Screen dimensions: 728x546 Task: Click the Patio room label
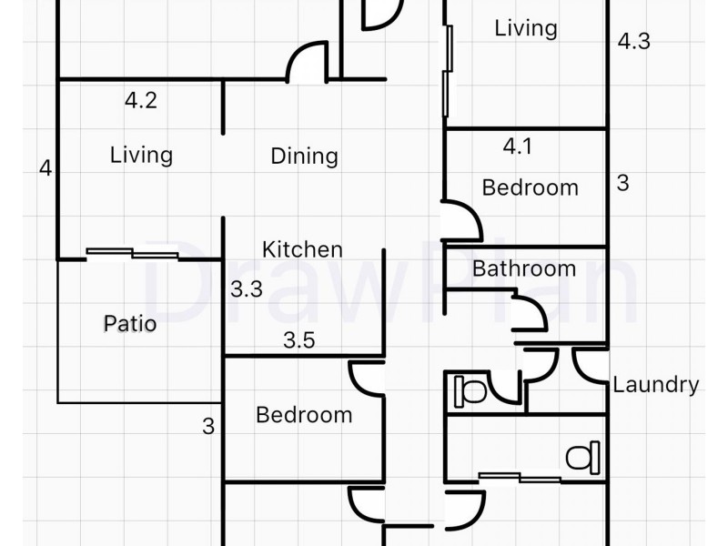click(x=130, y=324)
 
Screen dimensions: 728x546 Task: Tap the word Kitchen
click(x=303, y=249)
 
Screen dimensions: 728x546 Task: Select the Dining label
click(x=304, y=156)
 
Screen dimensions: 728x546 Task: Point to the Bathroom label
click(x=524, y=268)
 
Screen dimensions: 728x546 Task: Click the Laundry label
click(x=655, y=385)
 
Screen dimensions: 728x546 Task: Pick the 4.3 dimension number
click(x=633, y=41)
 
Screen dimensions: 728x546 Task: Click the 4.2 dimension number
click(x=141, y=100)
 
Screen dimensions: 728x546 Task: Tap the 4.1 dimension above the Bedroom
click(x=517, y=147)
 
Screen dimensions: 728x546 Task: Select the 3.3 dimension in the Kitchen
click(x=247, y=289)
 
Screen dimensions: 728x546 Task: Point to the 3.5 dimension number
click(x=299, y=340)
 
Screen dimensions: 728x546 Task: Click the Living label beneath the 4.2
click(x=142, y=155)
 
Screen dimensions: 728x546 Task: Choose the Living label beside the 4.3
click(x=526, y=28)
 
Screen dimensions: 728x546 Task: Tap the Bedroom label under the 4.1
click(x=531, y=187)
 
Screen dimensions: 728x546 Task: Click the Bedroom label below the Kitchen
click(x=304, y=415)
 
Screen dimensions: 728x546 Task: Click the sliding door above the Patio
click(x=132, y=254)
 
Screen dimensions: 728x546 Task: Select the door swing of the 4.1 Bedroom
click(x=462, y=221)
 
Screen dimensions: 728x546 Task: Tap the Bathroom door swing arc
click(x=530, y=311)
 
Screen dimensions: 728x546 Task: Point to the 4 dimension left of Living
click(x=45, y=168)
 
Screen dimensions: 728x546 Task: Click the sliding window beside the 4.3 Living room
click(x=448, y=71)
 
